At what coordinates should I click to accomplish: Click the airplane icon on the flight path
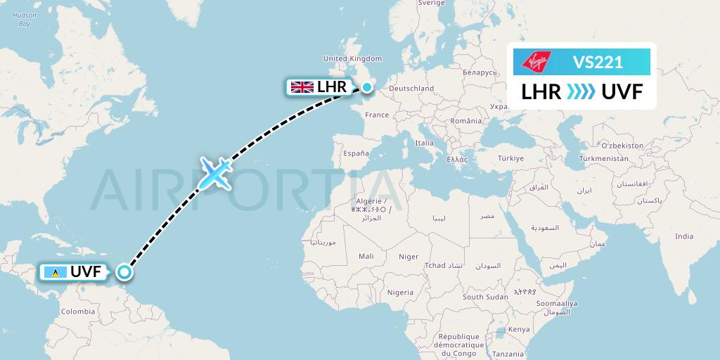[215, 173]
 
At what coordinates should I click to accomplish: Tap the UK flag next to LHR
[302, 87]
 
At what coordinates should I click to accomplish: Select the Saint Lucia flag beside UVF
[55, 272]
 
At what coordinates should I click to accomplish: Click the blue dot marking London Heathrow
[366, 87]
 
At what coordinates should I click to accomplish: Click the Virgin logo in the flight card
[536, 61]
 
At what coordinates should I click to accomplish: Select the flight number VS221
[598, 62]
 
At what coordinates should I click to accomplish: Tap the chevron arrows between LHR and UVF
[581, 91]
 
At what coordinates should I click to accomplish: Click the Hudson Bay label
[24, 19]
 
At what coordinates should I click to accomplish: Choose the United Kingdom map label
[352, 59]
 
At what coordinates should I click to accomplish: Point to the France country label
[377, 115]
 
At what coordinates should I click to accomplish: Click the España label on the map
[356, 153]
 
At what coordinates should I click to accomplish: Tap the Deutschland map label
[411, 89]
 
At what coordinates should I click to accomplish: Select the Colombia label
[77, 311]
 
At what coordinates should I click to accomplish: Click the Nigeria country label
[400, 292]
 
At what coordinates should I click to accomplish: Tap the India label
[684, 236]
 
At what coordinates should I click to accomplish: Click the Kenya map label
[519, 329]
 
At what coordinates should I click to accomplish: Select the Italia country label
[424, 143]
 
